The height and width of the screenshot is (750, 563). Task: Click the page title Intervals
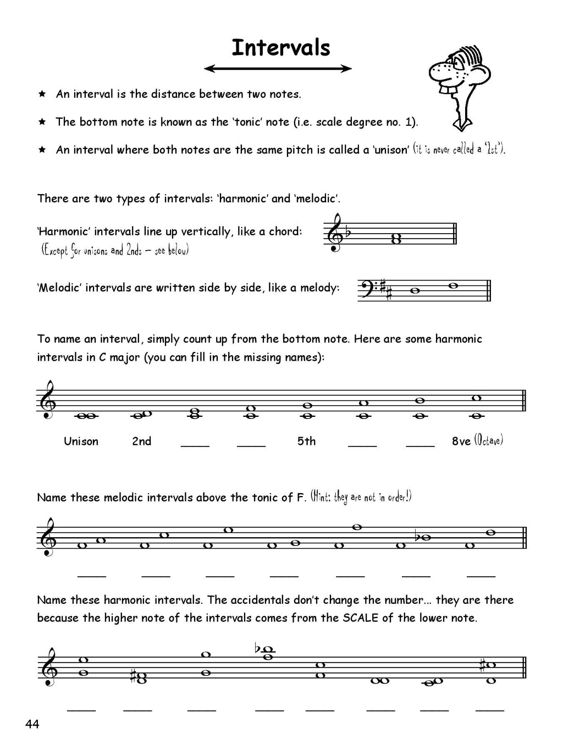pos(280,48)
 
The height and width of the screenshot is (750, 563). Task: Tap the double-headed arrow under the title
pos(278,69)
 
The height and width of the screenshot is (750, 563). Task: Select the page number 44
pos(32,724)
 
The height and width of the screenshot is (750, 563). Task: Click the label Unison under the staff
pos(81,442)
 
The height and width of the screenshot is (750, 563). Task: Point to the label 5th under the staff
pos(306,442)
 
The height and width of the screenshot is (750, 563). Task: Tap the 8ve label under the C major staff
pos(461,442)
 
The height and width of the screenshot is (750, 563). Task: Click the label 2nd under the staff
pos(141,442)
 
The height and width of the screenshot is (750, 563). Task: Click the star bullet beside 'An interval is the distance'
pos(42,94)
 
